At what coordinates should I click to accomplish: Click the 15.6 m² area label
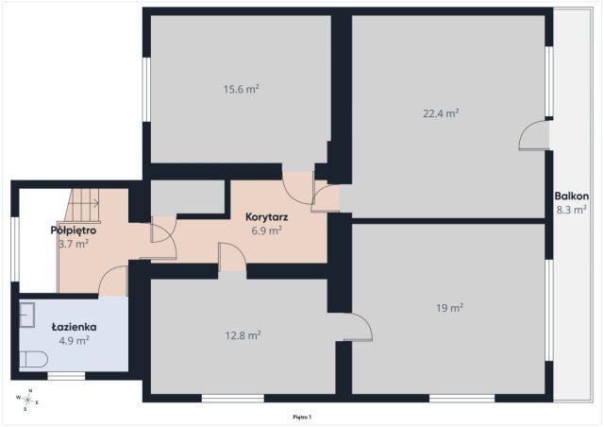click(x=242, y=89)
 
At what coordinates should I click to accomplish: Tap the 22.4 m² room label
click(x=441, y=113)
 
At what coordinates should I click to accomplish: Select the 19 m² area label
click(x=449, y=308)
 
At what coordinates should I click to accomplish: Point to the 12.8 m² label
click(x=243, y=335)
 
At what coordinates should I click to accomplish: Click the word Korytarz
click(x=266, y=217)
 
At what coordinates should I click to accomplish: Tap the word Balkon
click(x=572, y=196)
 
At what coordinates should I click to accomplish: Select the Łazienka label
click(x=74, y=327)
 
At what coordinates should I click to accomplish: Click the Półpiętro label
click(x=74, y=231)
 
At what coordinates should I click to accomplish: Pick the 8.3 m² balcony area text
click(x=572, y=210)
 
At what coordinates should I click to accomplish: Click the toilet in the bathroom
click(x=34, y=360)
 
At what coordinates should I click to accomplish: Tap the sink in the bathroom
click(x=27, y=316)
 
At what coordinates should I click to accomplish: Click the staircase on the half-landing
click(x=82, y=206)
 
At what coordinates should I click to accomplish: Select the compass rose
click(x=27, y=400)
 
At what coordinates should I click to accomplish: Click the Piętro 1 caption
click(x=302, y=417)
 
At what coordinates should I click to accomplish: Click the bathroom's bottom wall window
click(x=66, y=376)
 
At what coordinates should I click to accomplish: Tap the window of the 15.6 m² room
click(x=146, y=90)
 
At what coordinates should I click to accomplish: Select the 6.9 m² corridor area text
click(x=266, y=231)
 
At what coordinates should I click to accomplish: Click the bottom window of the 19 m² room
click(x=461, y=398)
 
